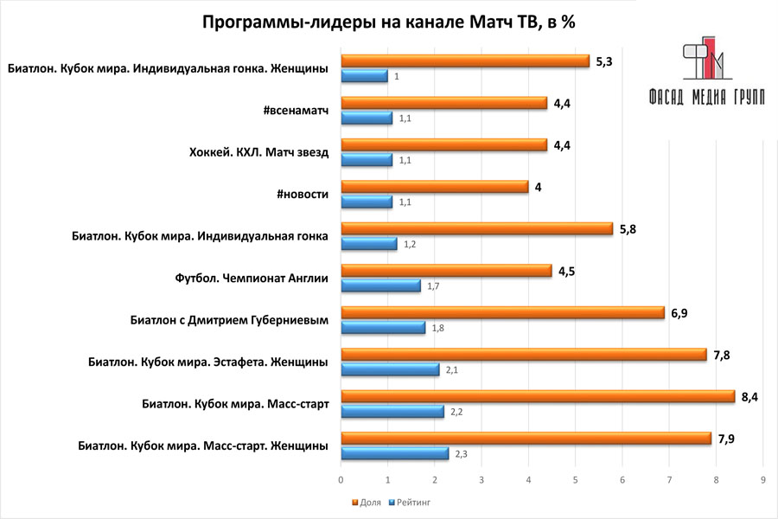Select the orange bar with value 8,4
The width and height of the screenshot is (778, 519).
[x=538, y=397]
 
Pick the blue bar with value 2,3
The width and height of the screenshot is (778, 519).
[x=395, y=452]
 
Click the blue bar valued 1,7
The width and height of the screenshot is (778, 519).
[x=381, y=285]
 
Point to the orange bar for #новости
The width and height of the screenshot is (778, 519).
[x=435, y=187]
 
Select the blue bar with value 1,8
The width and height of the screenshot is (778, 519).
[x=384, y=328]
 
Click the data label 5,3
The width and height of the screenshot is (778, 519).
[x=605, y=61]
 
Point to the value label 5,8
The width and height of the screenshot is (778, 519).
[x=628, y=228]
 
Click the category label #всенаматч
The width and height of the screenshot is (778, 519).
[x=296, y=111]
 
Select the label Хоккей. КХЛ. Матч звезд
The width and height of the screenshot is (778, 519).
[x=258, y=152]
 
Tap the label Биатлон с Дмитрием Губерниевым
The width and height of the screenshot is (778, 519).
[x=223, y=321]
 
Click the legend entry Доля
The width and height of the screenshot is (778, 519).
[x=367, y=501]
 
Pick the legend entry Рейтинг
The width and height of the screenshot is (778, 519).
[x=413, y=501]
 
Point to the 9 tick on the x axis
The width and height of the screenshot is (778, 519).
[x=762, y=478]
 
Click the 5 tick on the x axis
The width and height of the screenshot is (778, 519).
[x=576, y=478]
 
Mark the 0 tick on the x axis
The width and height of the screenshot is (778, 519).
[x=341, y=478]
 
